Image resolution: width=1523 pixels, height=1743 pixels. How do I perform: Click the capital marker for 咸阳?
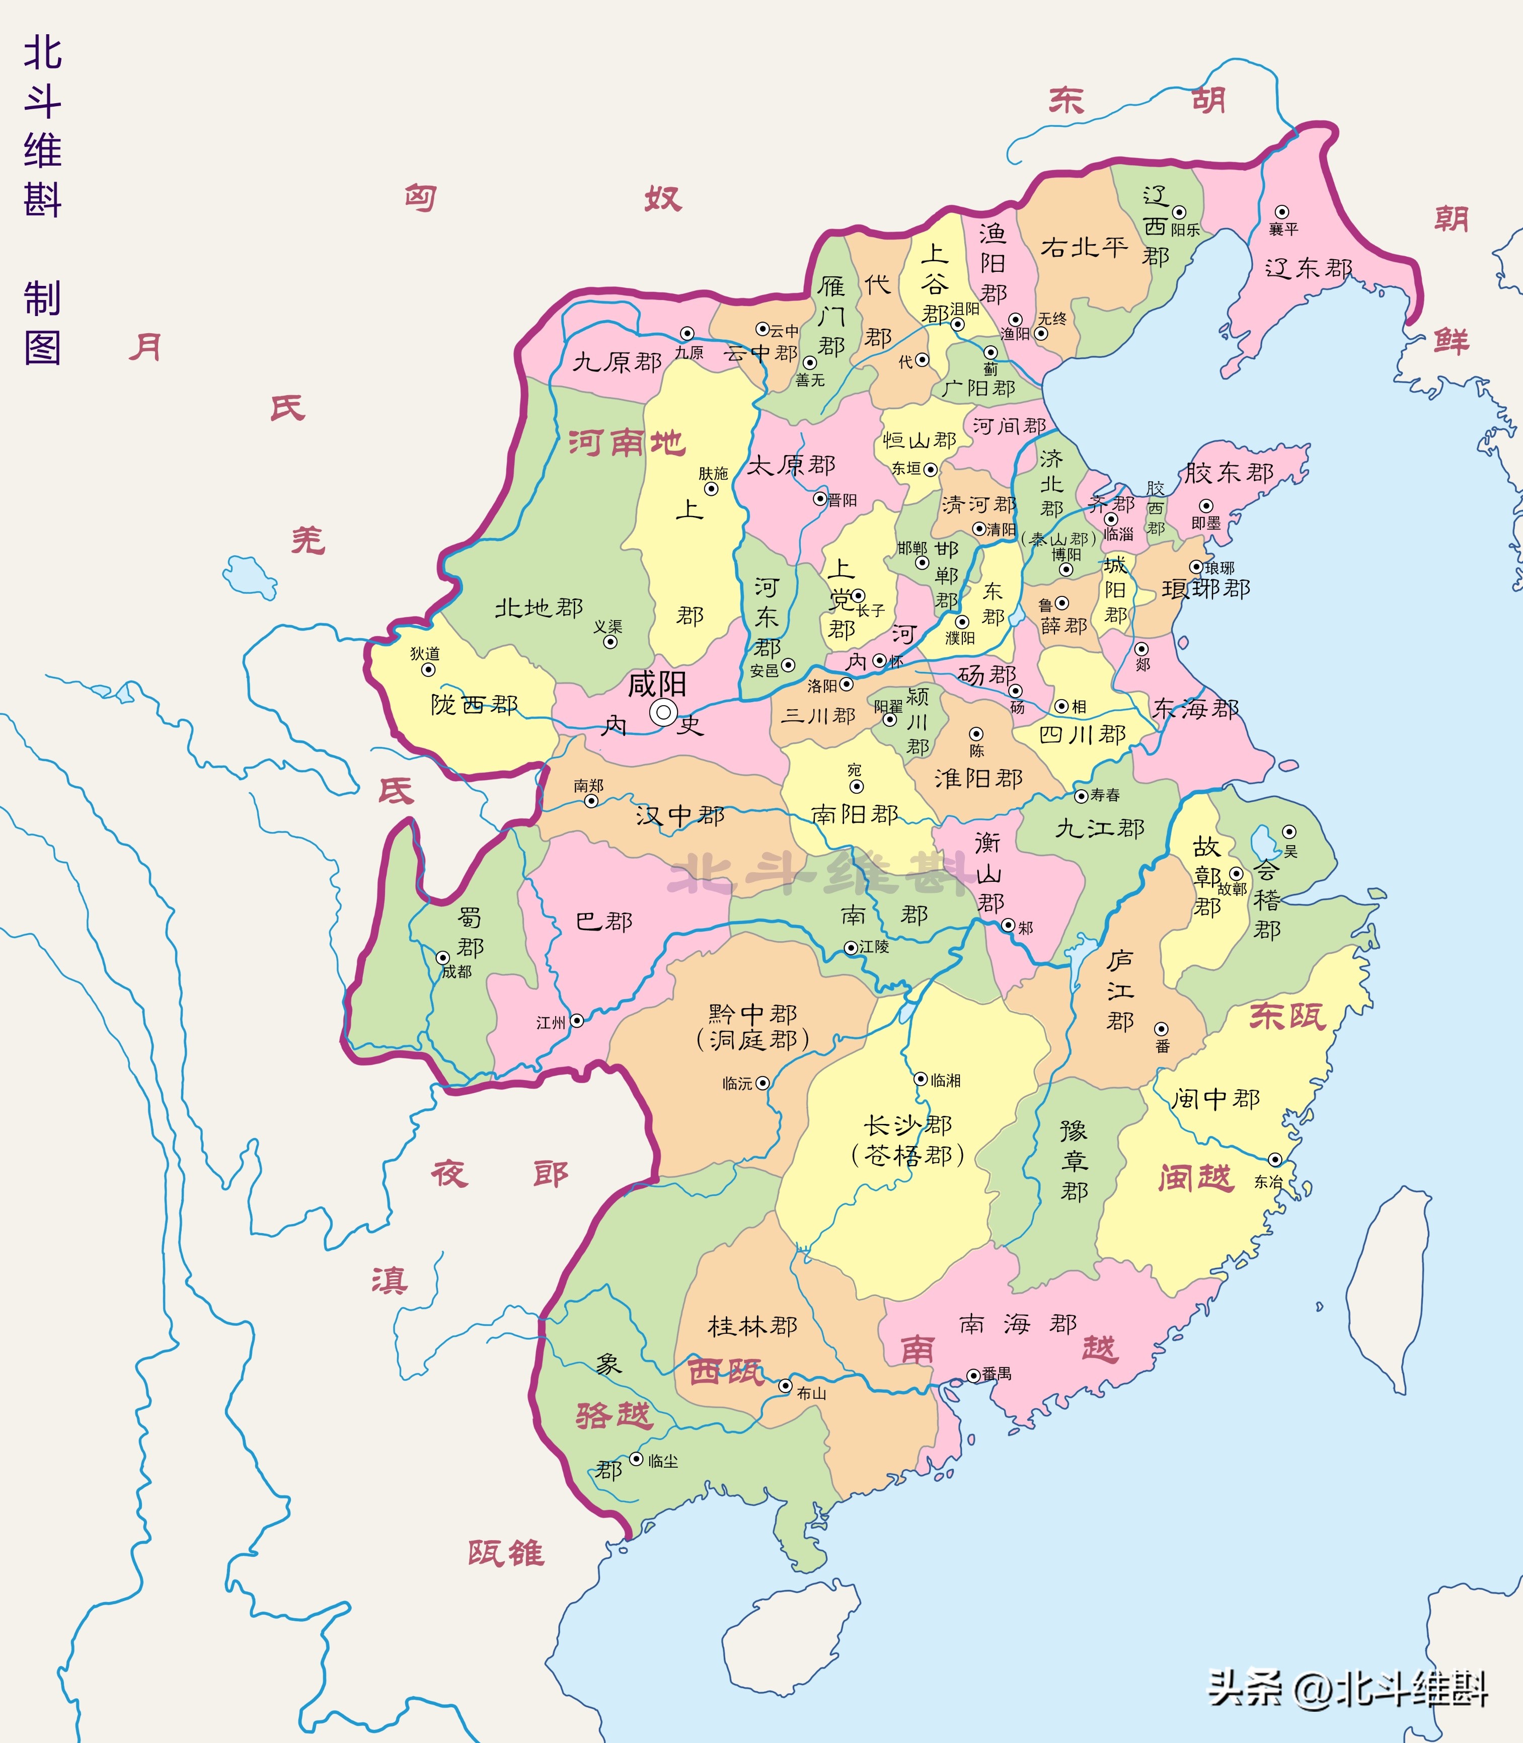(663, 712)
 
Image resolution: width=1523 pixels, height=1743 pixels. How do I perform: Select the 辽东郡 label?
(1308, 269)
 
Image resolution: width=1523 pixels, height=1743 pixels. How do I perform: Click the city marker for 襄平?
(1281, 211)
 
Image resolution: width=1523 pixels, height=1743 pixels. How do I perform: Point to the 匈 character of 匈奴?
(421, 198)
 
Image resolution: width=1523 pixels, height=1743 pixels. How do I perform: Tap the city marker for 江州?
(576, 1021)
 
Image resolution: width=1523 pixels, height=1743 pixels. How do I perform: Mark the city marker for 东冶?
(1275, 1160)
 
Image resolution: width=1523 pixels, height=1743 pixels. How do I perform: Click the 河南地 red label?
(627, 443)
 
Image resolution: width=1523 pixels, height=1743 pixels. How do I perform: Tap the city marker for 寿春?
(1081, 795)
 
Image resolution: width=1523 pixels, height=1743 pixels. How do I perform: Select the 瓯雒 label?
(506, 1553)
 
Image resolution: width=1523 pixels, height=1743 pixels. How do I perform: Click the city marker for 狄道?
(428, 669)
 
